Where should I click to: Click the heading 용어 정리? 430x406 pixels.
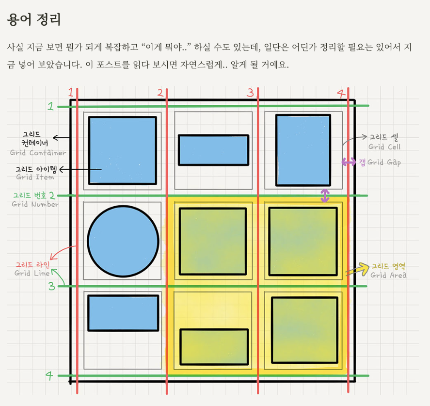pyautogui.click(x=34, y=20)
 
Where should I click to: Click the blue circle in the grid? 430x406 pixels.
pyautogui.click(x=123, y=242)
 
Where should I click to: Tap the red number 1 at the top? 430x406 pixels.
pyautogui.click(x=71, y=93)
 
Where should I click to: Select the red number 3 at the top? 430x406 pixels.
pyautogui.click(x=250, y=93)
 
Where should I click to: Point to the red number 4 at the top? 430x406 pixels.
pyautogui.click(x=341, y=93)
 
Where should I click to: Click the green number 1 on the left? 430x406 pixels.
pyautogui.click(x=50, y=106)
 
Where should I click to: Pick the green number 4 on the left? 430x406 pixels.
pyautogui.click(x=49, y=375)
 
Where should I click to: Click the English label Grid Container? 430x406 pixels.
pyautogui.click(x=38, y=153)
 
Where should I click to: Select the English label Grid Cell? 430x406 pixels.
pyautogui.click(x=384, y=147)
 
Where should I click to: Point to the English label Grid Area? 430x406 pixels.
pyautogui.click(x=388, y=276)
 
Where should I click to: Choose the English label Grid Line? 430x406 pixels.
pyautogui.click(x=32, y=274)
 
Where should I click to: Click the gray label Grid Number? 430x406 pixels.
pyautogui.click(x=35, y=204)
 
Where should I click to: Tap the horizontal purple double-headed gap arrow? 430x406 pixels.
pyautogui.click(x=348, y=162)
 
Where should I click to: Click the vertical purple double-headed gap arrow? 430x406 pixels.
pyautogui.click(x=325, y=196)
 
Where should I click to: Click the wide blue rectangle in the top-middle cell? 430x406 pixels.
pyautogui.click(x=213, y=150)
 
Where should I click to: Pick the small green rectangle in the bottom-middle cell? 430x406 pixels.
pyautogui.click(x=214, y=346)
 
